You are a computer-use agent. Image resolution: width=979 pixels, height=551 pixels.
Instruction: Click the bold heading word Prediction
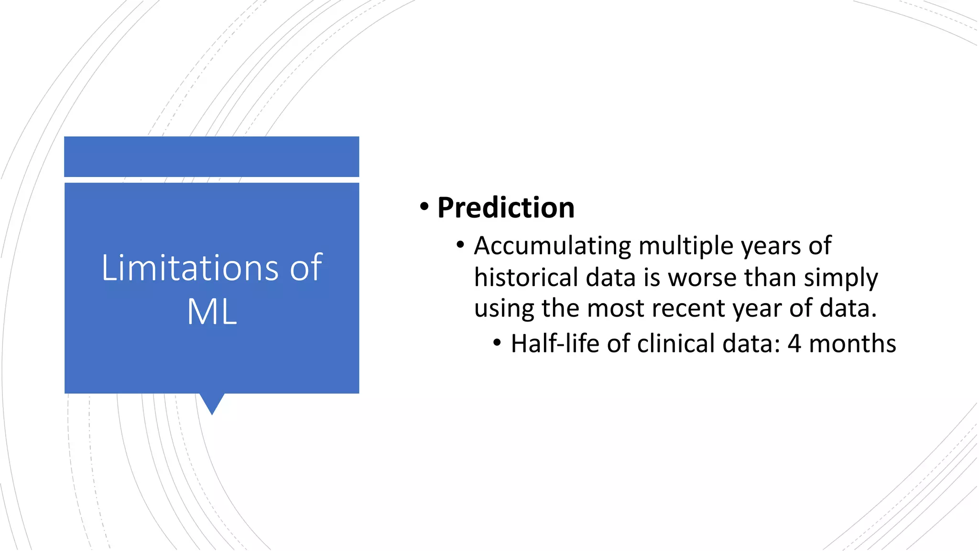tap(506, 208)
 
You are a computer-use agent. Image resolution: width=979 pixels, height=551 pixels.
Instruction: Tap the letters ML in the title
tap(212, 312)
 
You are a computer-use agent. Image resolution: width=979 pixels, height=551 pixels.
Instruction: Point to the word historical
tap(526, 277)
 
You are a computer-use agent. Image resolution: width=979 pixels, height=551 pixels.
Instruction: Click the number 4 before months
tap(794, 344)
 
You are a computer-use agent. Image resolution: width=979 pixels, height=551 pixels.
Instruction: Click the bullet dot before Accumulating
tap(460, 245)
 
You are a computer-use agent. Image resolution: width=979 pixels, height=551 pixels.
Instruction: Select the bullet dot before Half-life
tap(497, 343)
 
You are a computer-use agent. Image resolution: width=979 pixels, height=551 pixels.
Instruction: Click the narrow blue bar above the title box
tap(212, 156)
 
